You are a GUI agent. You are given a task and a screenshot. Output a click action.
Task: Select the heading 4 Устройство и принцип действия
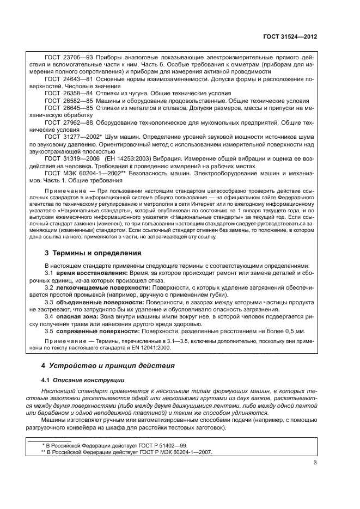[x=109, y=366]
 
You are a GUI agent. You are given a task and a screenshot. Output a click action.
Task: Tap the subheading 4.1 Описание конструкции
[x=83, y=380]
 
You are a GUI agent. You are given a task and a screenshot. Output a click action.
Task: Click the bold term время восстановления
[x=89, y=272]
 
